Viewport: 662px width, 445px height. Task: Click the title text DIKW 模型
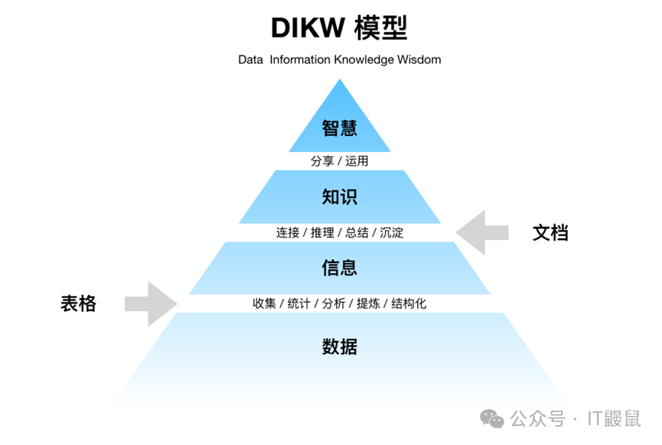point(339,28)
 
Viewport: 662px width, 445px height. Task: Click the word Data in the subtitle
point(250,60)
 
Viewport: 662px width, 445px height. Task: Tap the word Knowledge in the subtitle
point(364,60)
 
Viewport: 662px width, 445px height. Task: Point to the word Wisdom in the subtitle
point(419,60)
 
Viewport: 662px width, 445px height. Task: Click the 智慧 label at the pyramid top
point(339,127)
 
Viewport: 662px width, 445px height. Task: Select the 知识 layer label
point(339,197)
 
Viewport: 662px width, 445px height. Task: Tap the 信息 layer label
point(339,268)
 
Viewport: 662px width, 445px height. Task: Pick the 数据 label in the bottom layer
point(339,346)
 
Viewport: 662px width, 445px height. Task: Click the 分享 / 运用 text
point(339,161)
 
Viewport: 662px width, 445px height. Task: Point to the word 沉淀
point(391,232)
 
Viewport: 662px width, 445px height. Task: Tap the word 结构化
point(409,304)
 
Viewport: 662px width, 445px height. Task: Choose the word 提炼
point(368,304)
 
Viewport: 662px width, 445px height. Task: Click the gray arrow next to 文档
point(482,232)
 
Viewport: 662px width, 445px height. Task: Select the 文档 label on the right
point(550,232)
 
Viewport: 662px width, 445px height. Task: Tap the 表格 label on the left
point(79,304)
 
